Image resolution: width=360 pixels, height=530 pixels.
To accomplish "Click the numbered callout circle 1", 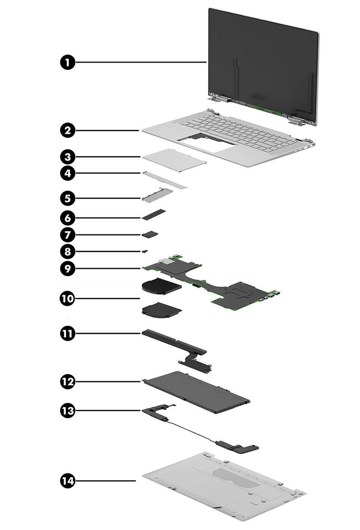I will (x=67, y=63).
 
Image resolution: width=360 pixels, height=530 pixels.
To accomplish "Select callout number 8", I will (x=67, y=251).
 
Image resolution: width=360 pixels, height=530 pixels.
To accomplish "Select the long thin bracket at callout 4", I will (x=164, y=179).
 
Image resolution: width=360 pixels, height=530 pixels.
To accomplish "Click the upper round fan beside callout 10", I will (x=161, y=286).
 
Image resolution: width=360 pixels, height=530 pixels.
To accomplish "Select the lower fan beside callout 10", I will (x=161, y=310).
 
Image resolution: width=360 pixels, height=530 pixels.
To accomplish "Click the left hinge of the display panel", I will (x=219, y=97).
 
